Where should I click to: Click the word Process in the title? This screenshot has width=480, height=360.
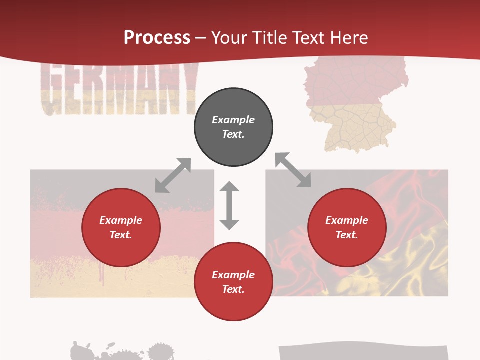point(157,38)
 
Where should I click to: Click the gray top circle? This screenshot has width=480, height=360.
point(233,127)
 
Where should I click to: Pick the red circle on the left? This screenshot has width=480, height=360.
point(121,228)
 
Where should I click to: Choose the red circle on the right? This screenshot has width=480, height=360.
point(347,228)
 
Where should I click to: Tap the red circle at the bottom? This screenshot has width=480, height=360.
point(233,282)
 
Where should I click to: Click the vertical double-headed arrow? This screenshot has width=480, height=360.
point(229,206)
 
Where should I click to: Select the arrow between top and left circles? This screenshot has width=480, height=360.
point(173,175)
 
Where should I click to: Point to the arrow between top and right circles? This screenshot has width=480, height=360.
point(293,170)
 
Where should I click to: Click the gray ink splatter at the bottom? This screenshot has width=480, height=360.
point(120,351)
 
